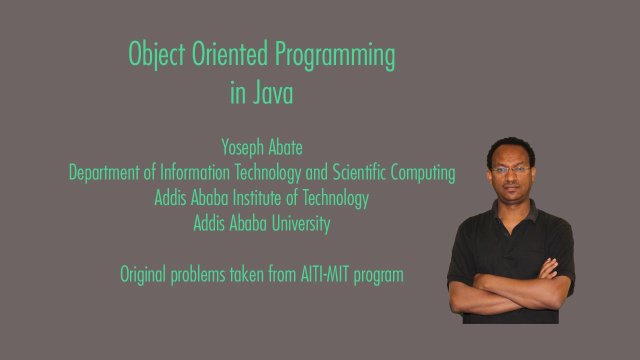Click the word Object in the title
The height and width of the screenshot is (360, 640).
click(x=157, y=55)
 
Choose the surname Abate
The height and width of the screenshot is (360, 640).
click(x=285, y=148)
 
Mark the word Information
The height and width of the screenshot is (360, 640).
click(x=195, y=173)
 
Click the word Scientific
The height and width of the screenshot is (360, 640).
click(x=359, y=173)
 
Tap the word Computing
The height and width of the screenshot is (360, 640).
click(x=423, y=173)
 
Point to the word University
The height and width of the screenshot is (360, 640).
click(x=301, y=223)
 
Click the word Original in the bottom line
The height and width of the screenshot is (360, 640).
click(x=143, y=274)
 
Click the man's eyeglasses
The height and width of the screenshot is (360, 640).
click(x=510, y=170)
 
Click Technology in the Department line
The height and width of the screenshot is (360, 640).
click(x=268, y=173)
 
